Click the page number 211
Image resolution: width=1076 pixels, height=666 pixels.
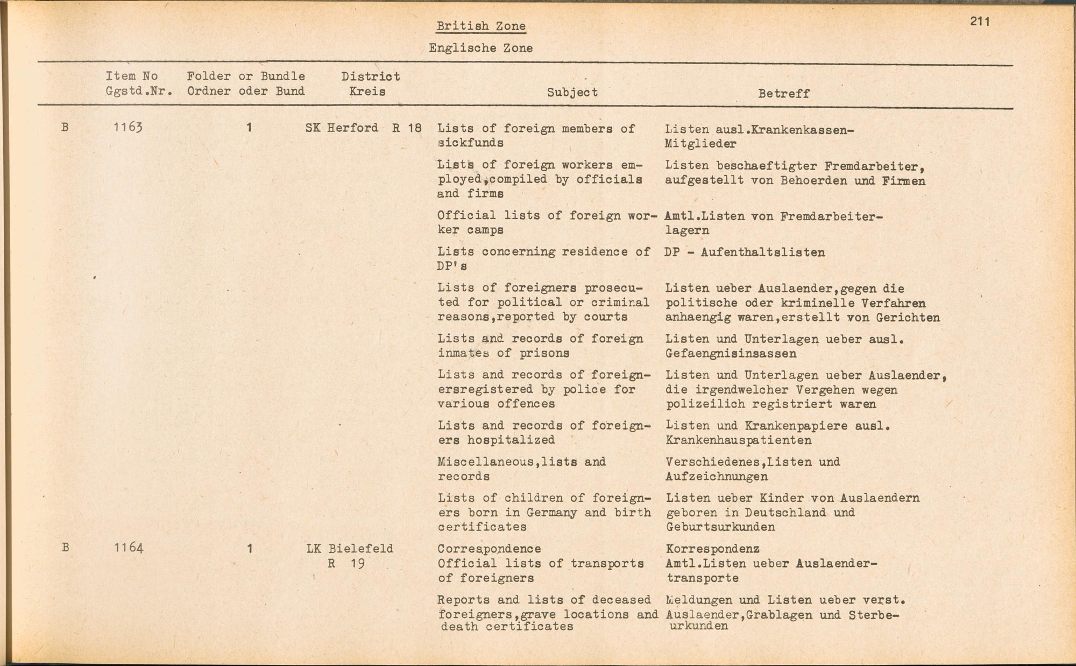pyautogui.click(x=980, y=22)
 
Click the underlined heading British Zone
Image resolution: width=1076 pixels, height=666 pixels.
pyautogui.click(x=480, y=26)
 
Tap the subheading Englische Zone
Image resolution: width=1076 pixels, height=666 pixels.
pyautogui.click(x=480, y=48)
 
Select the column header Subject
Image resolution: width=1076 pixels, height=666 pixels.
pyautogui.click(x=572, y=92)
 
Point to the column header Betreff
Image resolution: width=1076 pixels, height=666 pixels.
pyautogui.click(x=783, y=94)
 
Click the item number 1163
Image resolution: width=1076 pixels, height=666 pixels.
pyautogui.click(x=128, y=128)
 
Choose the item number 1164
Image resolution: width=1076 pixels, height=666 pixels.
pyautogui.click(x=129, y=548)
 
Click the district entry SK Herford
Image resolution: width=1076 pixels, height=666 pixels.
pyautogui.click(x=342, y=128)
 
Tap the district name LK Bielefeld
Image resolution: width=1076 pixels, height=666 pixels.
pyautogui.click(x=350, y=549)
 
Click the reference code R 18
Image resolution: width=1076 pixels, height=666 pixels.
pyautogui.click(x=406, y=128)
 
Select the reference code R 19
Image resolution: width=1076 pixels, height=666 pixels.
pyautogui.click(x=346, y=564)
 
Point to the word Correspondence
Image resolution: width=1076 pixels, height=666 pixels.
pyautogui.click(x=489, y=549)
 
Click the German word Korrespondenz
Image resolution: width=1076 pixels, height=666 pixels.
pyautogui.click(x=712, y=549)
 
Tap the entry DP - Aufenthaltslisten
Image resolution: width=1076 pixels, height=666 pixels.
pyautogui.click(x=744, y=253)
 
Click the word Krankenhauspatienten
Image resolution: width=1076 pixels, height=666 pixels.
pyautogui.click(x=738, y=440)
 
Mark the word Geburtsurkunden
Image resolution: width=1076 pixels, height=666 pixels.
pyautogui.click(x=720, y=527)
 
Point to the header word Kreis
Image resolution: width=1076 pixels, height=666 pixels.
pyautogui.click(x=367, y=92)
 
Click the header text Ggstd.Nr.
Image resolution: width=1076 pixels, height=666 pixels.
pyautogui.click(x=139, y=92)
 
